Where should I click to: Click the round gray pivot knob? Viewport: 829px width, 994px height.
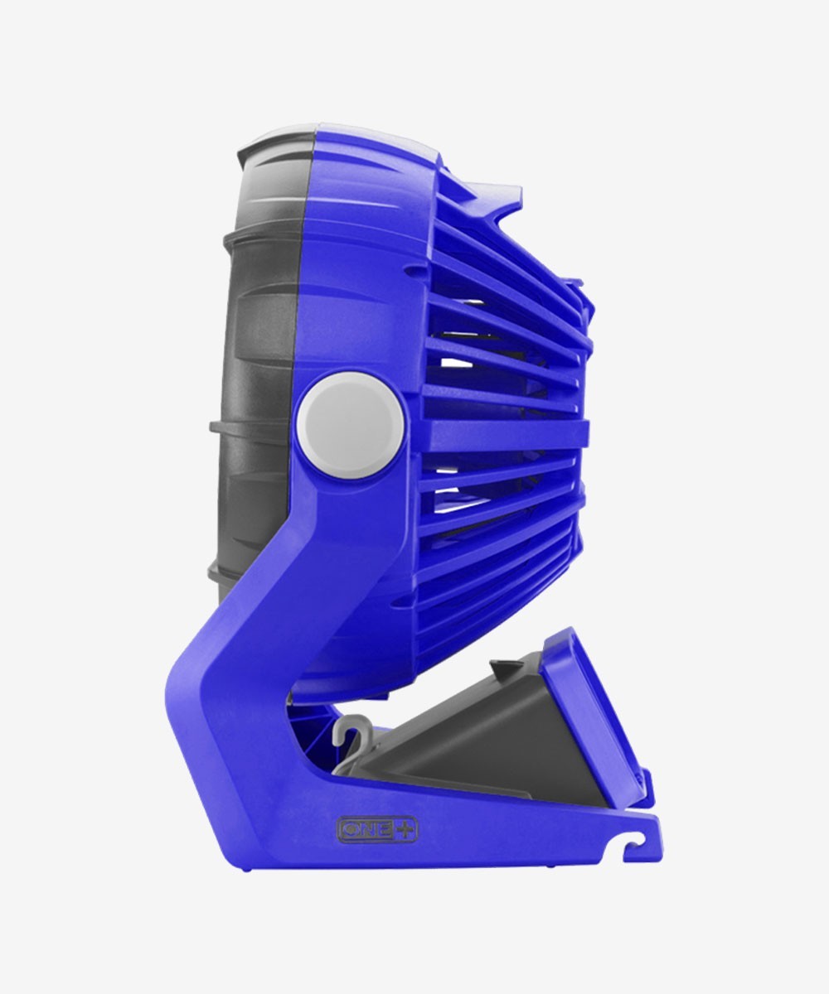pyautogui.click(x=351, y=426)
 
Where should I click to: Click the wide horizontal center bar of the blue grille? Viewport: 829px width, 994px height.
pyautogui.click(x=504, y=432)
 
